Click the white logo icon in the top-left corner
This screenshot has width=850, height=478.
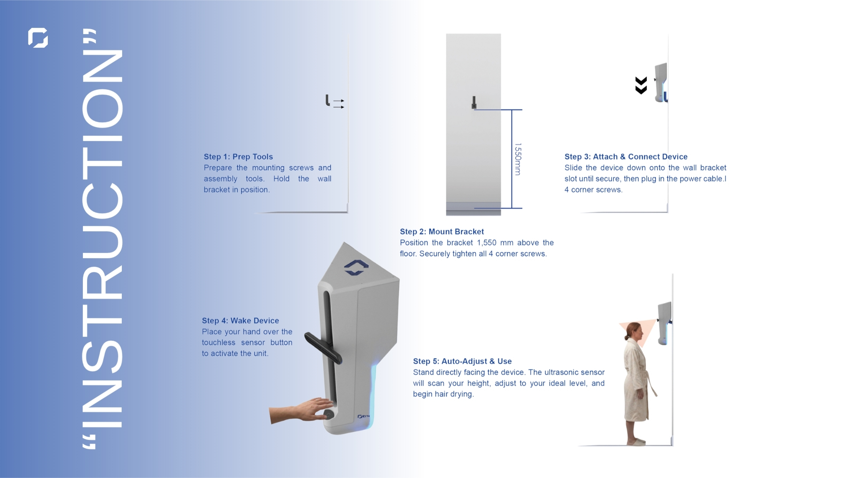click(x=38, y=38)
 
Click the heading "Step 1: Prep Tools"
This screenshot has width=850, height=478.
click(x=238, y=157)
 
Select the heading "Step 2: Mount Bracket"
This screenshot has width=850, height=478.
click(x=442, y=232)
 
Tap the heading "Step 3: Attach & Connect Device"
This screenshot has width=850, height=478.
click(x=626, y=157)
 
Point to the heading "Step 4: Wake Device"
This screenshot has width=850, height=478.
click(x=240, y=320)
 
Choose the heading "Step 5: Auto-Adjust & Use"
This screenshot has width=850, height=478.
click(x=462, y=361)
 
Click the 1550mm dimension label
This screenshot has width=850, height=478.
click(x=518, y=159)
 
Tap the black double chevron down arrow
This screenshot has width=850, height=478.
click(x=641, y=85)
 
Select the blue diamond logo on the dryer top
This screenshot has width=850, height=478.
click(x=356, y=267)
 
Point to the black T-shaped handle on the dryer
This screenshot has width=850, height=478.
click(x=323, y=348)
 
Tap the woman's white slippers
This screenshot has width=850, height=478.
click(x=636, y=442)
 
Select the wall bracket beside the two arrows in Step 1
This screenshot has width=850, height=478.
click(x=328, y=100)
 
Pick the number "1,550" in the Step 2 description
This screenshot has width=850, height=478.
click(x=487, y=243)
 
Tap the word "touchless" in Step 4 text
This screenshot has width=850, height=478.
click(x=219, y=342)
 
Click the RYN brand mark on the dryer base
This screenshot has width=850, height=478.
click(x=363, y=416)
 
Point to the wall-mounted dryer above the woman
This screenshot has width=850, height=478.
click(x=664, y=323)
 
